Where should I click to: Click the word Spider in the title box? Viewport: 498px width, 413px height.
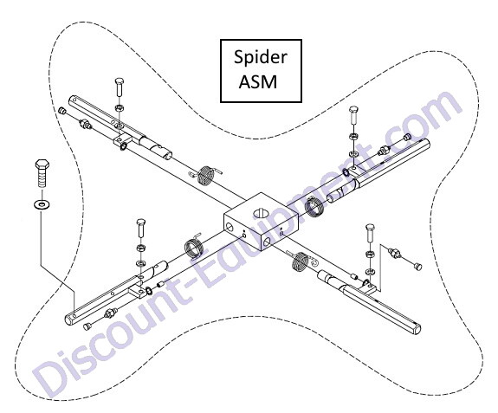(x=261, y=57)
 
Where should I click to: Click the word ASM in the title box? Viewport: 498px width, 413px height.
(x=258, y=81)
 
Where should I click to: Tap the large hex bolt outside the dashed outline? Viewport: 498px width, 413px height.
(x=42, y=174)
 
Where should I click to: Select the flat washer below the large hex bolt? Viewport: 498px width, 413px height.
(x=42, y=204)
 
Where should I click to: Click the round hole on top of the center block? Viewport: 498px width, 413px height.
(x=261, y=212)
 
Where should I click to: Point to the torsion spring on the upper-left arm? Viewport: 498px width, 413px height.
(x=206, y=175)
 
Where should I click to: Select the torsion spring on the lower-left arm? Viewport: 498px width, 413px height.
(x=193, y=245)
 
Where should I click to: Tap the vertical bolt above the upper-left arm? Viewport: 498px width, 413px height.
(x=120, y=87)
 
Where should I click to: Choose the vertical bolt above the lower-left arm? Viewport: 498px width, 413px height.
(x=141, y=228)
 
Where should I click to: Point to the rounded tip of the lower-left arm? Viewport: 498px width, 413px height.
(x=69, y=319)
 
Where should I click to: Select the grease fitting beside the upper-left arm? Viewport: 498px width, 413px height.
(x=86, y=123)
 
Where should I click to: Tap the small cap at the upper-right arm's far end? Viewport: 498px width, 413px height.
(x=407, y=137)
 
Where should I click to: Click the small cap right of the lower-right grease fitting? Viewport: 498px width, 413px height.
(x=418, y=267)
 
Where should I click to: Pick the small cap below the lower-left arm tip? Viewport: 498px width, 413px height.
(x=87, y=326)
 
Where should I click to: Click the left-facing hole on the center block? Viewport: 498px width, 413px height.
(x=229, y=226)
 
